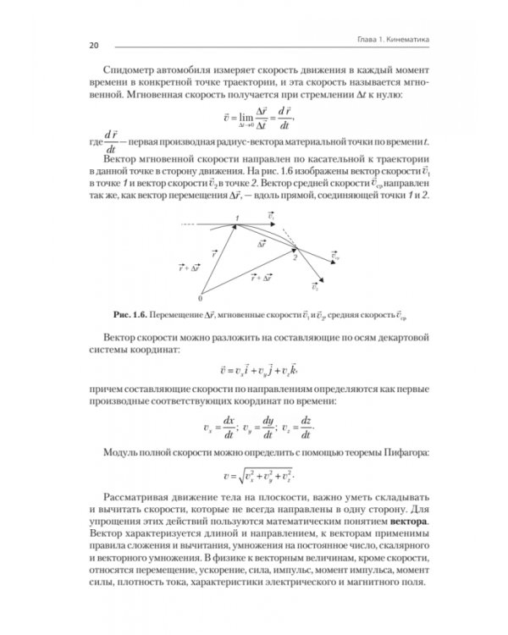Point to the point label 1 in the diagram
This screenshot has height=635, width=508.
[238, 218]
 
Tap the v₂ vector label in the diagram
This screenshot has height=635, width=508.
[316, 288]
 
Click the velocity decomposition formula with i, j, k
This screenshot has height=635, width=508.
[254, 371]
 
